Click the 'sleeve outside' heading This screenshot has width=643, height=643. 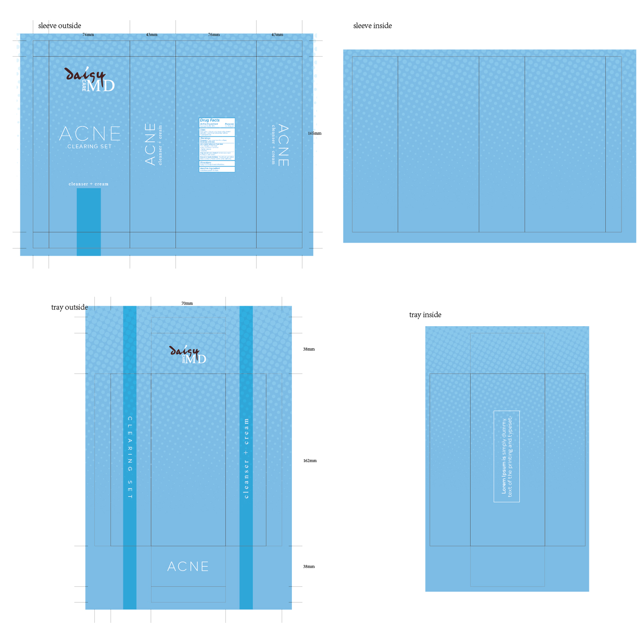click(x=60, y=26)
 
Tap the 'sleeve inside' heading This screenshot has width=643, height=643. click(x=372, y=26)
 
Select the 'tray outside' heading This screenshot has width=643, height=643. click(x=69, y=307)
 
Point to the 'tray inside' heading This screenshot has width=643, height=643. click(x=425, y=315)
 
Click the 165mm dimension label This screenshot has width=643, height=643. click(x=314, y=133)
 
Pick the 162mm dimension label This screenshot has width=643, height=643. click(x=309, y=461)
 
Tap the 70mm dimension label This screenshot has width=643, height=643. click(x=187, y=303)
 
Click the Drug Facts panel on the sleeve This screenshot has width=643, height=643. click(x=217, y=145)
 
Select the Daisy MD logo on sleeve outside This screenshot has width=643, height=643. click(x=90, y=80)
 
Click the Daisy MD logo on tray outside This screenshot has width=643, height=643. click(x=188, y=355)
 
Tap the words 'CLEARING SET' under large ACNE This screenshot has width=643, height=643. click(x=90, y=147)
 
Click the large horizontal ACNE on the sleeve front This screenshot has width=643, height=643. click(x=90, y=133)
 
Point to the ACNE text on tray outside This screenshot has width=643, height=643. click(x=188, y=567)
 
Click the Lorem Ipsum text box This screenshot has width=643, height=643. click(x=507, y=456)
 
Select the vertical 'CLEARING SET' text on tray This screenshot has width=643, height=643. click(x=130, y=457)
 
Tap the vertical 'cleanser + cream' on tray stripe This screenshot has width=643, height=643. click(x=246, y=458)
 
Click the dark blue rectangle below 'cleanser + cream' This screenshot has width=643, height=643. click(x=89, y=222)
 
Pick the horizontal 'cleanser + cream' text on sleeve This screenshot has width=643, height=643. click(x=89, y=184)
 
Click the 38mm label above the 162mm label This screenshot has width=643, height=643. click(x=309, y=349)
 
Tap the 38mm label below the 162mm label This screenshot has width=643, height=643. click(x=309, y=567)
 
